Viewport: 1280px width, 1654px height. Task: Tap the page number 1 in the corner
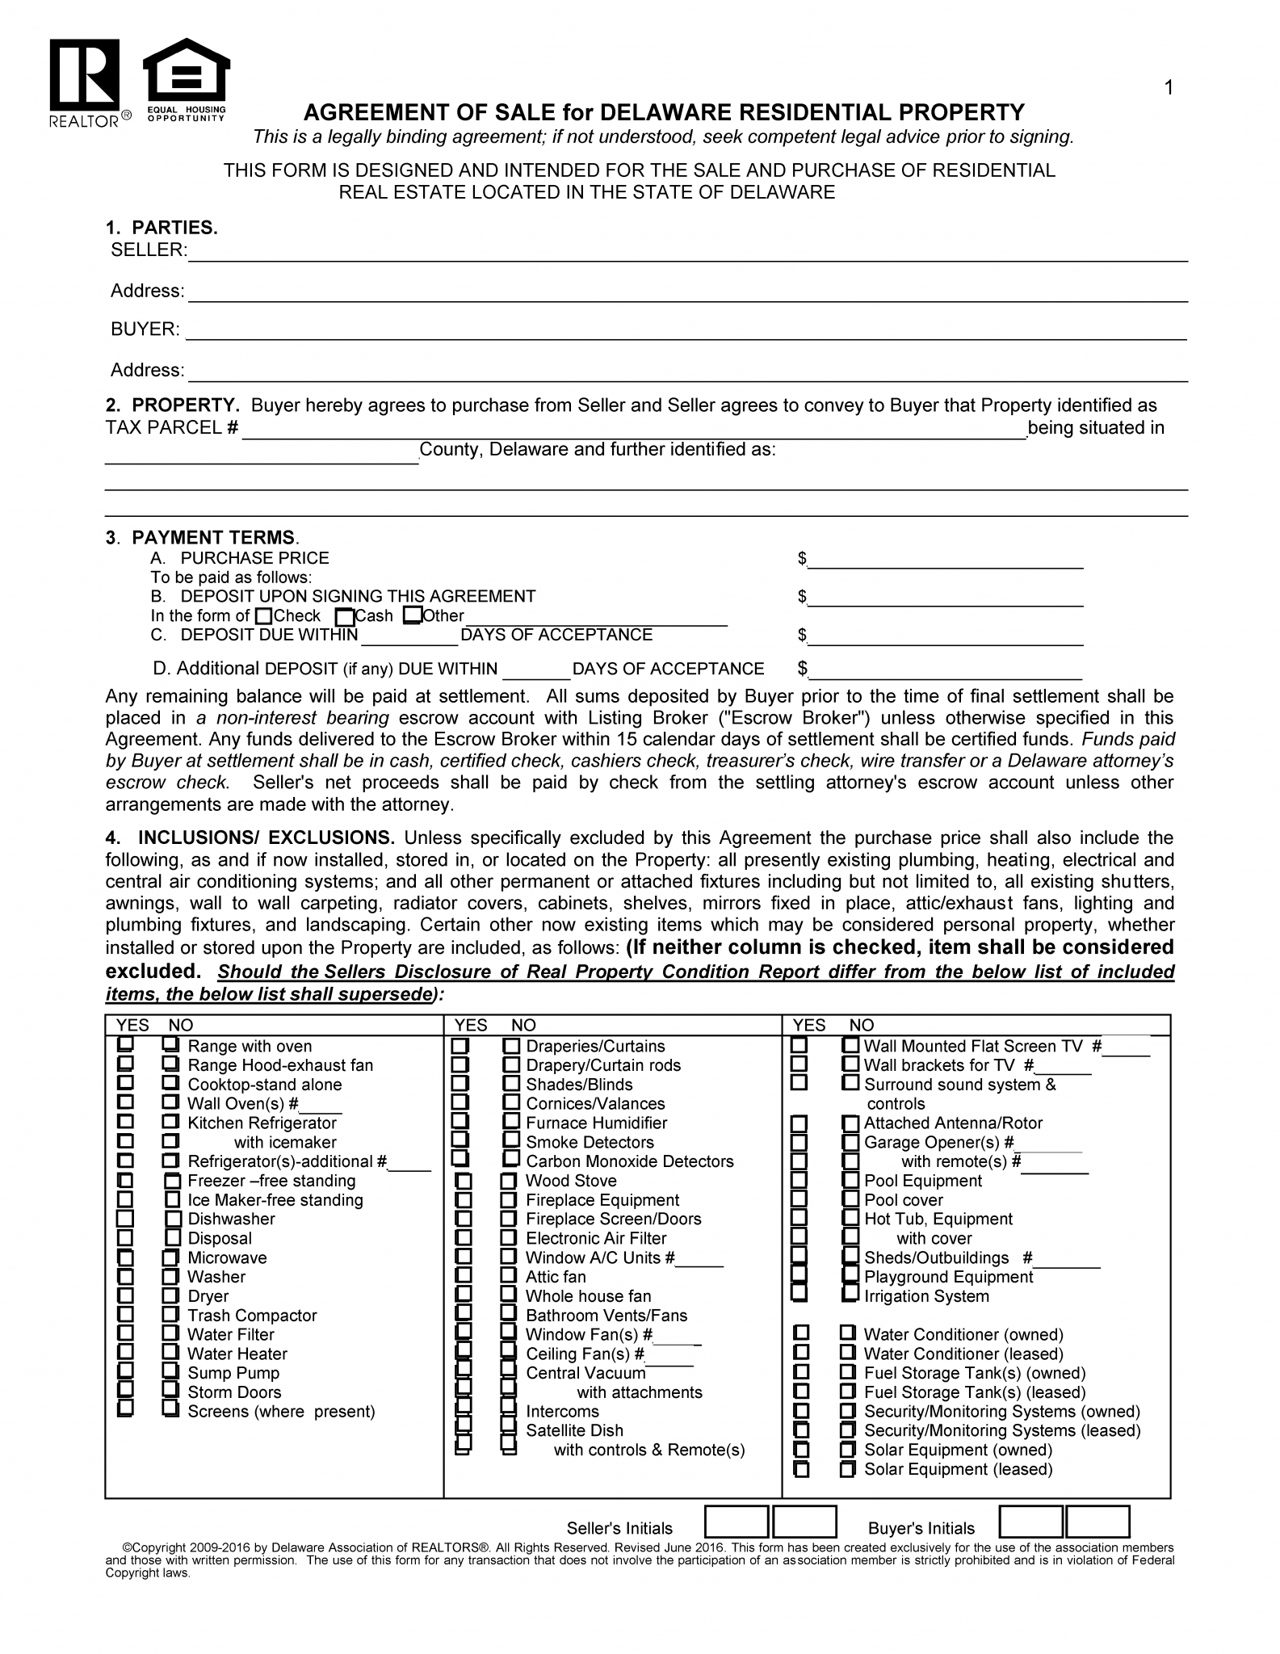coord(1169,88)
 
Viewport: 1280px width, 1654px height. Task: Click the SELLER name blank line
coord(686,254)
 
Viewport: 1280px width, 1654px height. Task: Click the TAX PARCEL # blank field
coord(634,430)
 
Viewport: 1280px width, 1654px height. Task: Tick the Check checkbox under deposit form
coord(263,616)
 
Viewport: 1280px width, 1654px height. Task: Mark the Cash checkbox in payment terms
coord(345,617)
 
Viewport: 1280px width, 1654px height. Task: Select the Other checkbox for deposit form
coord(412,616)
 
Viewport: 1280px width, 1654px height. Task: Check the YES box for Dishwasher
coord(125,1219)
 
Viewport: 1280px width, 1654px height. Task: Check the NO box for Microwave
coord(170,1257)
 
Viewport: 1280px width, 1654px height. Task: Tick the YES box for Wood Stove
coord(463,1181)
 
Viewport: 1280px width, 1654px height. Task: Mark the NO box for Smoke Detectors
coord(511,1141)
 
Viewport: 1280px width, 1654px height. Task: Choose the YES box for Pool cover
coord(799,1199)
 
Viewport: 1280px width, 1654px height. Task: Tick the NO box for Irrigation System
coord(850,1295)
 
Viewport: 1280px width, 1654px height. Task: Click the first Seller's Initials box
coord(736,1522)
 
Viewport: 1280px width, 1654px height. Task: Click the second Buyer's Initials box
coord(1097,1522)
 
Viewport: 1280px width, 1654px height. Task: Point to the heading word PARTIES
coord(174,228)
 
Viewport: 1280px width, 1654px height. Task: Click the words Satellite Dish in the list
coord(574,1430)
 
